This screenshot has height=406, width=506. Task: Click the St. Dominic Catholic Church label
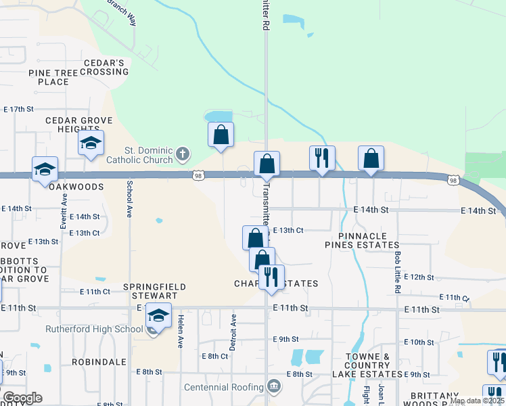[x=139, y=155]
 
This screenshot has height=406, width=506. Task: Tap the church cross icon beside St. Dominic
[x=182, y=155]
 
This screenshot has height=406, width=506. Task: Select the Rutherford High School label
[x=94, y=330]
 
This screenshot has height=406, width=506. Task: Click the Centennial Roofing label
[x=224, y=387]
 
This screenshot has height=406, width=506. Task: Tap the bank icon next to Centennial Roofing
[x=273, y=386]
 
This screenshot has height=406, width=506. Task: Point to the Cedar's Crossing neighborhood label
[x=106, y=67]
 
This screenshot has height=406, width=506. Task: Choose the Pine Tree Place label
[x=49, y=77]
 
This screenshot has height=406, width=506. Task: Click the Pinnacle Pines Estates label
[x=362, y=240]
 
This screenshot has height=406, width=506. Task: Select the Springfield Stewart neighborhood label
[x=154, y=291]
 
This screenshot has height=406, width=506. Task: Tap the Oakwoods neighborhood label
[x=76, y=186]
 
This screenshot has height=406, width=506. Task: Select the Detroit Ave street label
[x=234, y=332]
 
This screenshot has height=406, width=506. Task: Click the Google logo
[x=22, y=398]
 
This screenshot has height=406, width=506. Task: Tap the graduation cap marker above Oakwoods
[x=45, y=169]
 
